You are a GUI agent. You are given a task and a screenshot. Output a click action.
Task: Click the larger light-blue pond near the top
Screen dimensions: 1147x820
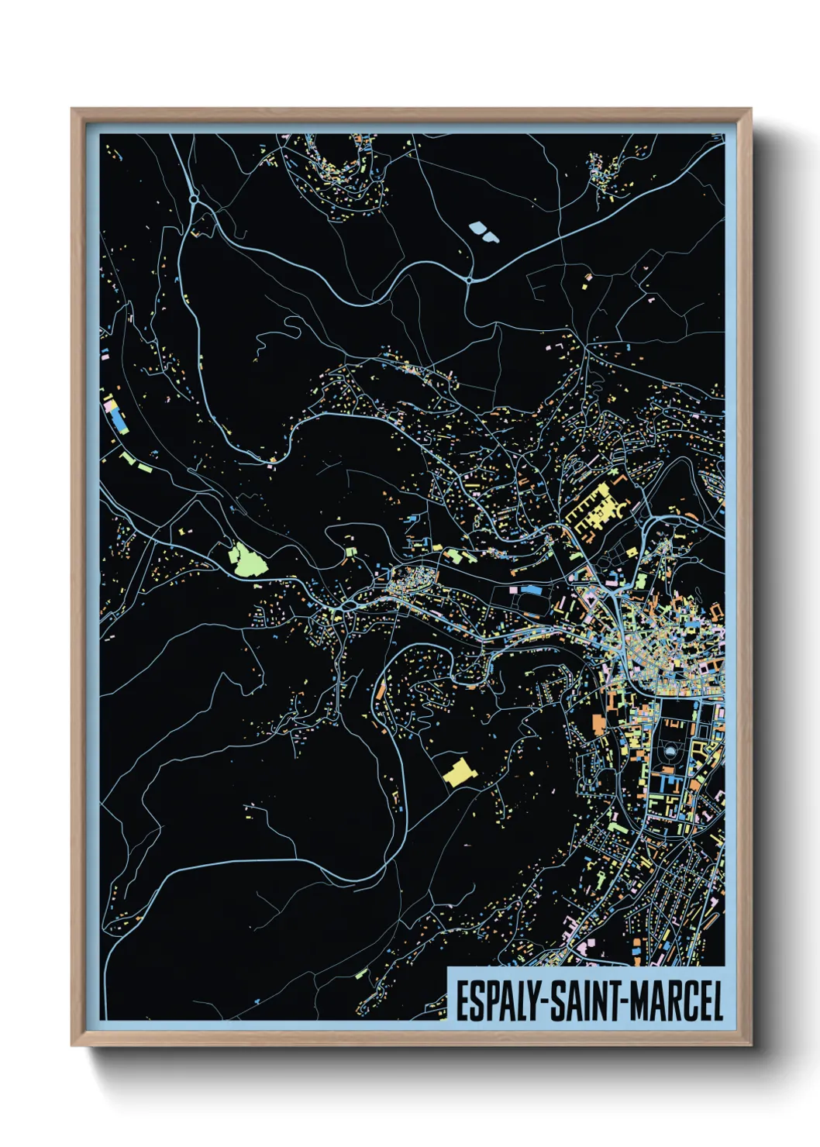(x=476, y=228)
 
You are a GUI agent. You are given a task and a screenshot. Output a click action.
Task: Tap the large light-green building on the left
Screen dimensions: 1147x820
(x=246, y=559)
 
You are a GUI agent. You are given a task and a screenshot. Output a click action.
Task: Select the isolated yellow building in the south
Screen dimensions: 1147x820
(x=458, y=773)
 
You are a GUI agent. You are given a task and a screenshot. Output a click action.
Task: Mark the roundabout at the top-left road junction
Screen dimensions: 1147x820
(x=193, y=199)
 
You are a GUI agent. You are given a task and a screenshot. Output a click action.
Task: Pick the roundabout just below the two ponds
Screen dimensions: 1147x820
(x=469, y=279)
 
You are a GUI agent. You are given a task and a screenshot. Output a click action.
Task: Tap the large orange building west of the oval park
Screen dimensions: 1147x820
(x=598, y=724)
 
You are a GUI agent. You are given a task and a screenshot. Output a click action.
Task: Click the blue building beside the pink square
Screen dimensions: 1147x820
(x=530, y=590)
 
